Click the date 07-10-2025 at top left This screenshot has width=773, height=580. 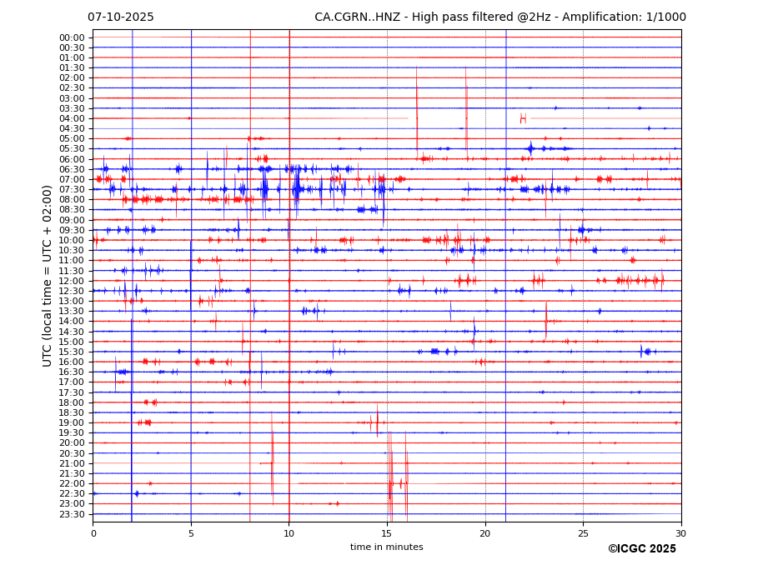pos(121,17)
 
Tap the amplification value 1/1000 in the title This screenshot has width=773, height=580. pos(663,17)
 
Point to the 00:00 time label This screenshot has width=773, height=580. pos(72,37)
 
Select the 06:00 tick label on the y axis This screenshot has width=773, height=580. pos(72,159)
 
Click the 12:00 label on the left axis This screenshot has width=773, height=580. pos(72,281)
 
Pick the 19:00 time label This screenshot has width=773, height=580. pos(72,422)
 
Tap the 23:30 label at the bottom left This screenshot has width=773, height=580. pos(72,514)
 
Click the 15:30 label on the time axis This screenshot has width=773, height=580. pos(72,352)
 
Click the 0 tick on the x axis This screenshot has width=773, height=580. pos(93,533)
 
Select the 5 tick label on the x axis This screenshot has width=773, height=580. pos(191,533)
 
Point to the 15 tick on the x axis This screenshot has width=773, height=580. pos(387,533)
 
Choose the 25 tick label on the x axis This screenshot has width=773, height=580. pos(583,533)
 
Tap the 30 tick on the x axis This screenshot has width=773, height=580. pos(681,533)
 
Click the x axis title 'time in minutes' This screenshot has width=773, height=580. pos(386,547)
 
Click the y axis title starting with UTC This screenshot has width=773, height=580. pos(48,276)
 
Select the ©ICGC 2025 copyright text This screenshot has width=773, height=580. pos(641,549)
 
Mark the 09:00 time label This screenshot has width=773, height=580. pos(72,220)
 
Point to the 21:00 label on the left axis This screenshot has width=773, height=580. pos(72,463)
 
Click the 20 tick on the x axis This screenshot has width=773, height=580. pos(485,533)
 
